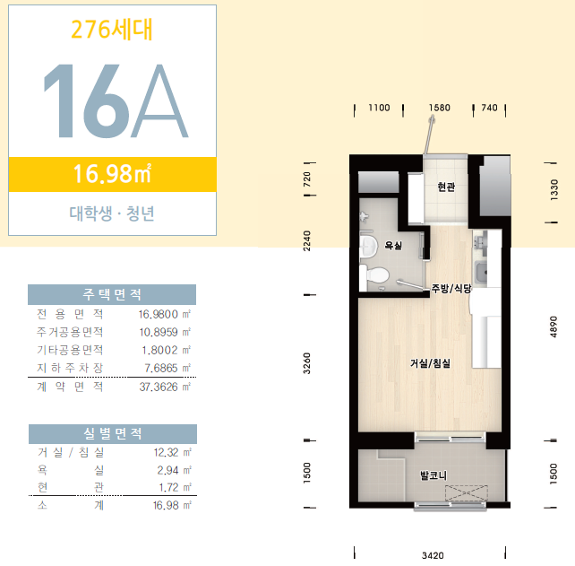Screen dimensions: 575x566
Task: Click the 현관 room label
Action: tap(446, 187)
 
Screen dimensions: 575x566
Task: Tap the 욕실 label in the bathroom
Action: tap(393, 245)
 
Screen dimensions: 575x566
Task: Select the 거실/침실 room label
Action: tap(430, 363)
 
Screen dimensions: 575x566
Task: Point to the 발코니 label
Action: tap(433, 475)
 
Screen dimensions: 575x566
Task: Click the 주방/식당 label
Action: tap(451, 288)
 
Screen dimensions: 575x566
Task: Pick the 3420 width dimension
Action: tap(433, 555)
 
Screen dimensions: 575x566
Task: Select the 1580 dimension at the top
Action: tap(440, 108)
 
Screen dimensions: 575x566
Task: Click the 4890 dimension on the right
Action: tap(554, 327)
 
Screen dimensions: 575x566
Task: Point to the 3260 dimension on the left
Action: tap(307, 363)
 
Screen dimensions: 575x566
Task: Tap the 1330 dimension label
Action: tap(554, 189)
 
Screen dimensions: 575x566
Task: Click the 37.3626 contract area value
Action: tap(159, 387)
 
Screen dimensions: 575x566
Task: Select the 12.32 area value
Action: tap(166, 452)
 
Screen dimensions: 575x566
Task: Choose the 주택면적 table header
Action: tap(112, 294)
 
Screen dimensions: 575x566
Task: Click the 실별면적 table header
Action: tap(113, 434)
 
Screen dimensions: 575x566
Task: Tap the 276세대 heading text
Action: tap(112, 30)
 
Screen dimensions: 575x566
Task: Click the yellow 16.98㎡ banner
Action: tap(113, 175)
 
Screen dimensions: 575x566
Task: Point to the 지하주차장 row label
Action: tap(70, 368)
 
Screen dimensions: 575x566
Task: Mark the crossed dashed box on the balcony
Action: tap(467, 493)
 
